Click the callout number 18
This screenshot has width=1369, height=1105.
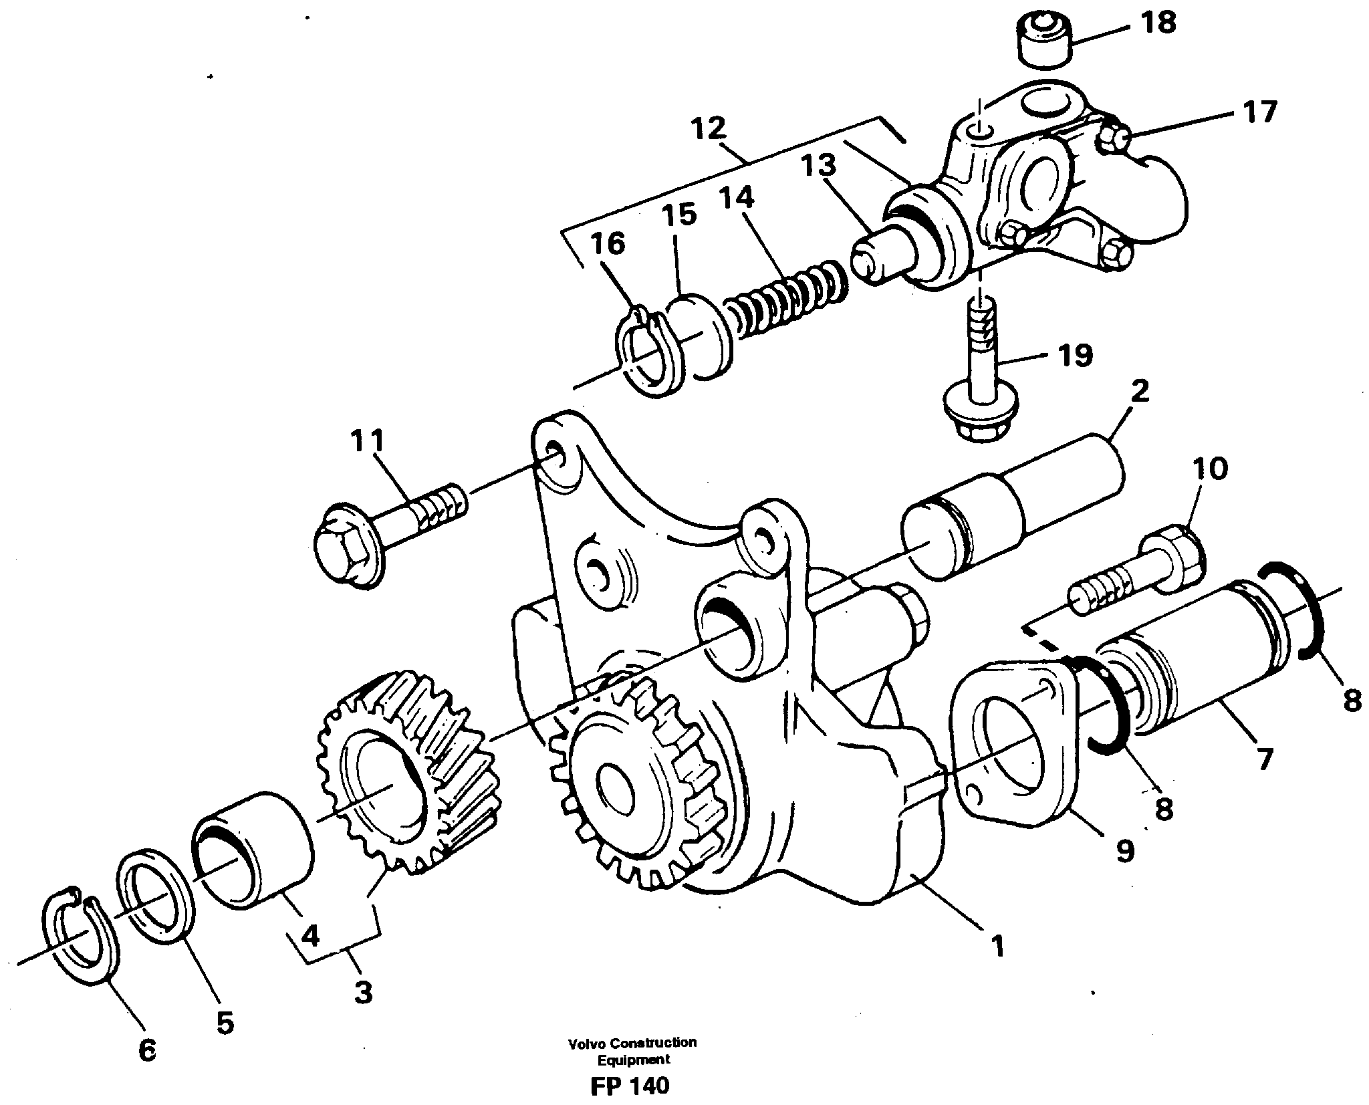[1158, 24]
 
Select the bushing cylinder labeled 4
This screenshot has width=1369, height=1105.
[253, 849]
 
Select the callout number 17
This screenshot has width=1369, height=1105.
[1260, 112]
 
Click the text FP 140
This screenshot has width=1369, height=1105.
[629, 1086]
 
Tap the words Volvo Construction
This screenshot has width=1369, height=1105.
[632, 1042]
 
